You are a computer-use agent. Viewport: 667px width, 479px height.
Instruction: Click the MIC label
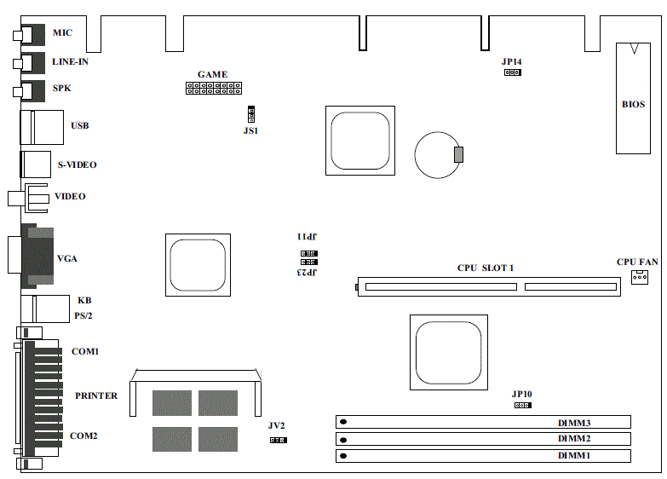[x=62, y=32]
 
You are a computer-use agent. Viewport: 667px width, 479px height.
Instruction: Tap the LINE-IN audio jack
[x=29, y=63]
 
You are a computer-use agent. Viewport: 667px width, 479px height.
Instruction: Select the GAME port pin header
[x=214, y=88]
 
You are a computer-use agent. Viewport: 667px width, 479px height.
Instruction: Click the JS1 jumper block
[x=251, y=114]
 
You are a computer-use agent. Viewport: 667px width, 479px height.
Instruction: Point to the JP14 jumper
[x=513, y=72]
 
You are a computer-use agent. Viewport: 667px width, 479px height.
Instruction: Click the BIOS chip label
[x=634, y=104]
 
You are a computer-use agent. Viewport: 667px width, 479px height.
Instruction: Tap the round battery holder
[x=438, y=155]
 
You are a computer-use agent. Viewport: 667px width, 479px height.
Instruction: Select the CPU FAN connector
[x=640, y=277]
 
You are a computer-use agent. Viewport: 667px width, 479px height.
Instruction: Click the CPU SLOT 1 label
[x=486, y=268]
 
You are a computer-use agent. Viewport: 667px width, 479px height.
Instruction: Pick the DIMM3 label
[x=574, y=423]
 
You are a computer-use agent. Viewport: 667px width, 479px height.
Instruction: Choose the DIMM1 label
[x=574, y=456]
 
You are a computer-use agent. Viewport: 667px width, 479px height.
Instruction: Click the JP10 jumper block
[x=523, y=405]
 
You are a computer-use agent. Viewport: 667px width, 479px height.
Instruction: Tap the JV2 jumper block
[x=279, y=440]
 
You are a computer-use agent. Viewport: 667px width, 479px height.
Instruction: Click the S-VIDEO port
[x=35, y=164]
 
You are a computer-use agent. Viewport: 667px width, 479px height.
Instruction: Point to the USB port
[x=42, y=127]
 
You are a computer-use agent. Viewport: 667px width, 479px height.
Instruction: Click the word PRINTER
[x=96, y=395]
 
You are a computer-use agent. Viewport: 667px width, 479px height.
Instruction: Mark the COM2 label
[x=83, y=436]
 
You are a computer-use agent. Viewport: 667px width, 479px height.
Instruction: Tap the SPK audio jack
[x=29, y=91]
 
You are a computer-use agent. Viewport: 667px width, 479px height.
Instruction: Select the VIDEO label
[x=70, y=196]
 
